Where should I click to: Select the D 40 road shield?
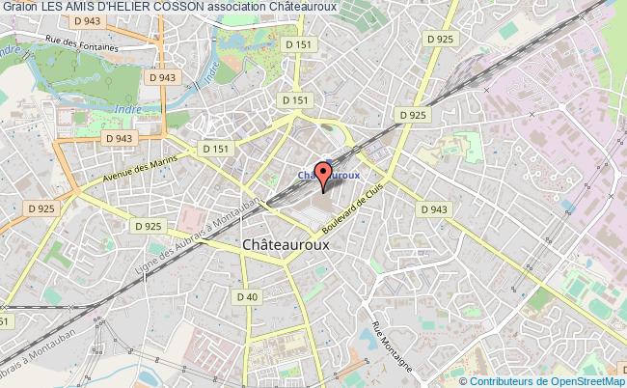(x=248, y=297)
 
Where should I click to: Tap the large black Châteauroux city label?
(x=286, y=245)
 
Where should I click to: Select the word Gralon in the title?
(x=18, y=8)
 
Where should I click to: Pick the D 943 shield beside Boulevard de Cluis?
(x=435, y=209)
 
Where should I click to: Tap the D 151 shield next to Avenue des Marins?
(x=214, y=150)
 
